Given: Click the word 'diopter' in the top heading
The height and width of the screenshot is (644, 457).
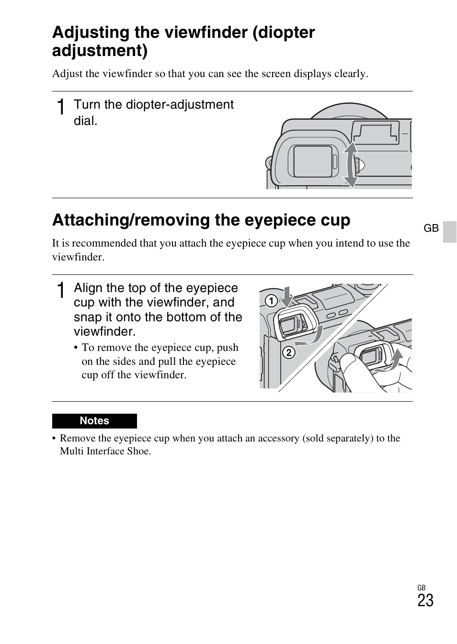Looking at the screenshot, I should (x=284, y=33).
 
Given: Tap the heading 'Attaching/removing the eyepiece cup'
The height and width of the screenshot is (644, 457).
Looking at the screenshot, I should (x=201, y=220).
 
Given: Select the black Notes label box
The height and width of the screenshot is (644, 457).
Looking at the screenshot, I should (x=94, y=421).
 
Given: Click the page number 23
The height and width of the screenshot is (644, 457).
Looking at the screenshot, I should (x=425, y=600).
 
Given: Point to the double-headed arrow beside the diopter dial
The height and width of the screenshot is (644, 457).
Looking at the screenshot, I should (x=351, y=165).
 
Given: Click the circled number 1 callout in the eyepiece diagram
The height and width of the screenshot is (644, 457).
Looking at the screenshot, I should (x=271, y=301).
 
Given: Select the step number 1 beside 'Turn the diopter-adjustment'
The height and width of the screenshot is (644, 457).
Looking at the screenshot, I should (x=61, y=107).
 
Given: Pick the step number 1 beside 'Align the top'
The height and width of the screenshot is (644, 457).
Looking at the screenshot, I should (x=61, y=290).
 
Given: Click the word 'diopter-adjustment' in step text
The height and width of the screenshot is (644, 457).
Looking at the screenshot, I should (x=180, y=105).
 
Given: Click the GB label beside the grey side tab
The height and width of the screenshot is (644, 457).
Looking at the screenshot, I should (x=431, y=228).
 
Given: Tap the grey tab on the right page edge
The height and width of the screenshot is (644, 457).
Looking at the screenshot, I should (x=450, y=232).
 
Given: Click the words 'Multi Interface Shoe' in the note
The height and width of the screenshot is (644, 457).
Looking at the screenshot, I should (x=105, y=451).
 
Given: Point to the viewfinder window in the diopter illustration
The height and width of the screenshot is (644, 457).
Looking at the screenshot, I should (x=313, y=162).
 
